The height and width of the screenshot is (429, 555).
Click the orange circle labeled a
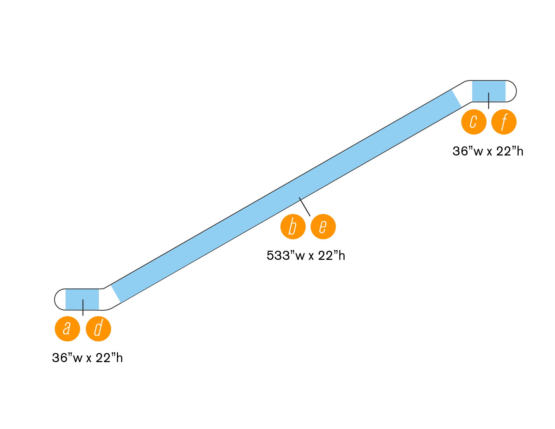point(68,328)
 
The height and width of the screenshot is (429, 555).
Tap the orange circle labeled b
point(293,227)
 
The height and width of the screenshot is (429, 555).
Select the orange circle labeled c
point(474,122)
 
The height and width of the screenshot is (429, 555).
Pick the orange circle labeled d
point(98,328)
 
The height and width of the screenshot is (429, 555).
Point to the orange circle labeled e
point(323,227)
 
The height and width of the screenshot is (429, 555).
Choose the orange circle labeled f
point(504,122)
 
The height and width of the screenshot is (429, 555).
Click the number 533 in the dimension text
point(278,256)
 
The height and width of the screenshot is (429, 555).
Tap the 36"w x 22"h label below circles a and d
point(87,358)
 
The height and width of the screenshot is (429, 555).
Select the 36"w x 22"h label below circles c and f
point(488,151)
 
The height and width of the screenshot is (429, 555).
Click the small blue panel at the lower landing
point(82,299)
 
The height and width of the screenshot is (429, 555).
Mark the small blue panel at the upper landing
point(488,91)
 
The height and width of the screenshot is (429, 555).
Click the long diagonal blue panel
point(286,196)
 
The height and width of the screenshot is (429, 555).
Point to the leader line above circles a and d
point(83,307)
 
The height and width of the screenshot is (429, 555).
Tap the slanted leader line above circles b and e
point(304,207)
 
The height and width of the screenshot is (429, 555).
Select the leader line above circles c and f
point(488,101)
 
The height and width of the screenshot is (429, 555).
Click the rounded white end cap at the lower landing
point(60,299)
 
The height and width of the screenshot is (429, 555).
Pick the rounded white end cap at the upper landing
point(511,91)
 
